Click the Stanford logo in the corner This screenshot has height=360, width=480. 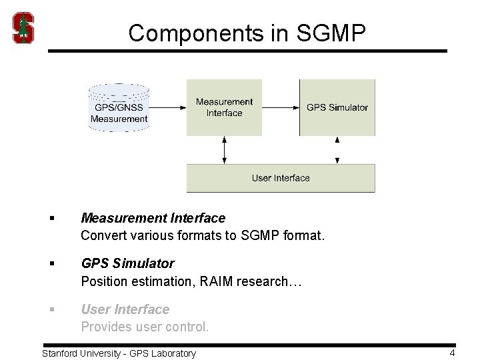click(x=23, y=28)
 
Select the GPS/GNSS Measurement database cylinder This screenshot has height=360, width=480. click(x=119, y=107)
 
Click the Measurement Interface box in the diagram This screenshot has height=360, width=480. click(x=224, y=107)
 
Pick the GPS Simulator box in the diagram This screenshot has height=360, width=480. click(x=337, y=107)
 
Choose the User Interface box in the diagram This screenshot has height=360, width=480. click(x=281, y=178)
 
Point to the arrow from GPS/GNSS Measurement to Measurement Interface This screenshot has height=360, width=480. click(x=167, y=107)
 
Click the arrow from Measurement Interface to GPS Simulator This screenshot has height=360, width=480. click(x=280, y=107)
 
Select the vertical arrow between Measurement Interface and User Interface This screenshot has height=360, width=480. click(x=225, y=150)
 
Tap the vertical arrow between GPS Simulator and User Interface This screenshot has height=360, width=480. click(x=337, y=150)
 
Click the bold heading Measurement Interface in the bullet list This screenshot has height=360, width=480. click(x=153, y=218)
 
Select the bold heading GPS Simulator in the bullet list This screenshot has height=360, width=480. click(x=127, y=263)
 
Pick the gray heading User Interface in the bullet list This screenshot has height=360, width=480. click(x=125, y=309)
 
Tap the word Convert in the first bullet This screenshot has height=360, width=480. click(x=102, y=235)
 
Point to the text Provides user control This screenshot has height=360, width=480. click(x=145, y=327)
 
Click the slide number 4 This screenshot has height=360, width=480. click(x=452, y=353)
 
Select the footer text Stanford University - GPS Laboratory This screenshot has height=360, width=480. click(x=119, y=353)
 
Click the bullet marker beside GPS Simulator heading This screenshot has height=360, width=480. click(x=51, y=264)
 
